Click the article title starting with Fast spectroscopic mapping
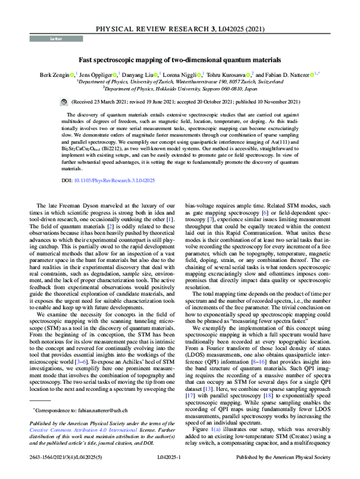point(180,60)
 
